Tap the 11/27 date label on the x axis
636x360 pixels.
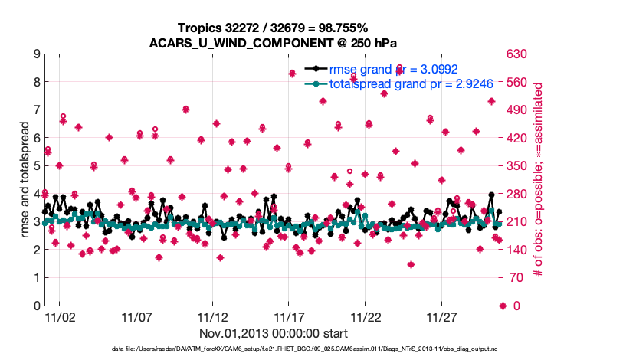442,316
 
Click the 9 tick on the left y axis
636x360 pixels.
36,54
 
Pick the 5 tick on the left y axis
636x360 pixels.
36,166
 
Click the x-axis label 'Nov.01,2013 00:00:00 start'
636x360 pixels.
274,333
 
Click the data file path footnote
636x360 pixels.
274,349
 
